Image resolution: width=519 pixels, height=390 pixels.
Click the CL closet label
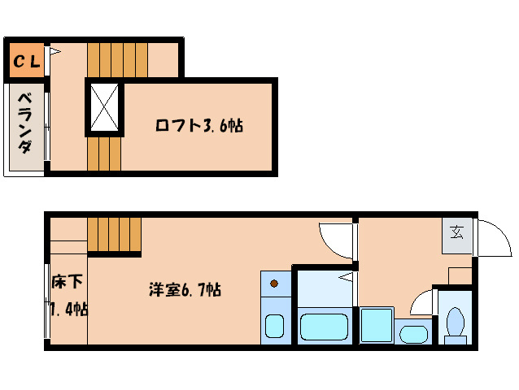click(26, 62)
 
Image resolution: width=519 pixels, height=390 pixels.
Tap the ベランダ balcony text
click(26, 126)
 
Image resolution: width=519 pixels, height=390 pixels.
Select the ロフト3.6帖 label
click(199, 126)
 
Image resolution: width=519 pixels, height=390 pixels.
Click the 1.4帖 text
click(68, 310)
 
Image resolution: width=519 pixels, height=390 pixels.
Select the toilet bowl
click(455, 323)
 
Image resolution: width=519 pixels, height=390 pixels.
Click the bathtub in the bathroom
click(325, 327)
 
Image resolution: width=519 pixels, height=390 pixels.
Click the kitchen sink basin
click(275, 327)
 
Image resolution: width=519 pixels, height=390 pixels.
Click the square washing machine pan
click(377, 325)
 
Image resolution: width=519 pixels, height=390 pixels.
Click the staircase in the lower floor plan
click(114, 236)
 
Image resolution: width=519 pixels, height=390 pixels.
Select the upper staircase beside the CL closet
click(117, 58)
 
